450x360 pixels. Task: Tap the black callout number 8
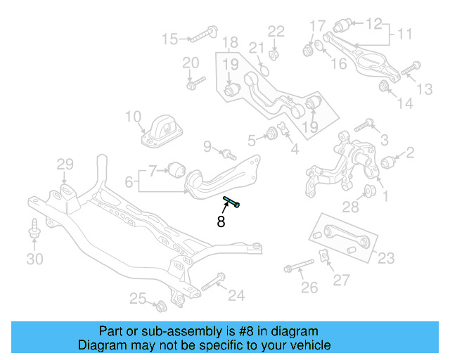[221, 222]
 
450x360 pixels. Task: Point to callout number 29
[65, 165]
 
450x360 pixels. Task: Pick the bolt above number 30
[34, 230]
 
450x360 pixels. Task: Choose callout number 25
[138, 300]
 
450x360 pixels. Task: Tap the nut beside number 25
[160, 307]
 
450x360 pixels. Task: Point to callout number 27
[341, 280]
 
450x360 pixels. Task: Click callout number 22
[276, 31]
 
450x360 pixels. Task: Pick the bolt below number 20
[191, 84]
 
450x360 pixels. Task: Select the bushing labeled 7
[176, 169]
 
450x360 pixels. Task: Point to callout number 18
[229, 42]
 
